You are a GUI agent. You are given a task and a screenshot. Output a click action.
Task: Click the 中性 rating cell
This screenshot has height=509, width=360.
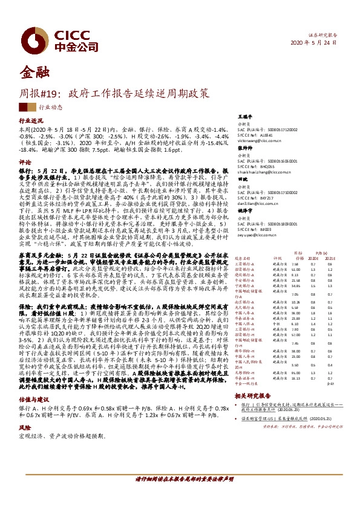coord(276,323)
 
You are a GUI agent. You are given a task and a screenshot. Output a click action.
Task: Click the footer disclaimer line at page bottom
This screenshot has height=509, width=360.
coord(180,494)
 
